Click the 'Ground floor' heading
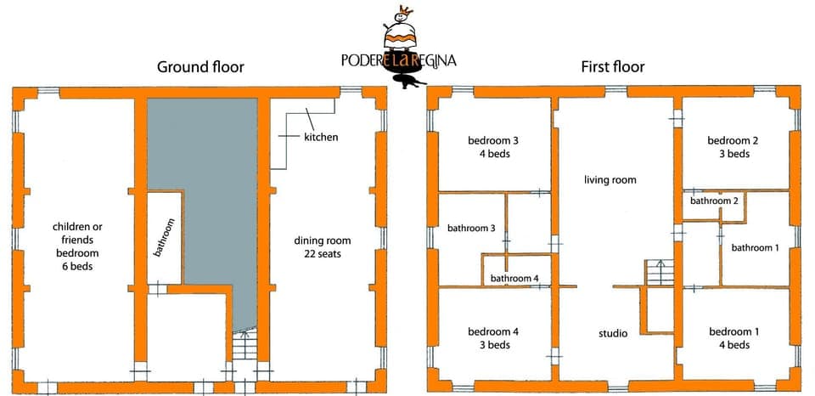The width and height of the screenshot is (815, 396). [200, 67]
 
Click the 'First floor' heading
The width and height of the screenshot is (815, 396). [612, 67]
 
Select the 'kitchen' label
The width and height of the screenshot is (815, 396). [321, 136]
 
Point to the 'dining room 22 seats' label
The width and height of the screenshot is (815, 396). [322, 247]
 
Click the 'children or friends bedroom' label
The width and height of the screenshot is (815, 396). [77, 246]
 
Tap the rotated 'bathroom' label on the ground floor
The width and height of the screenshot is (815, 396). [166, 239]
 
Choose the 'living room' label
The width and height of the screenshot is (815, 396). [610, 180]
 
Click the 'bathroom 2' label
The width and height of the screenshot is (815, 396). [713, 201]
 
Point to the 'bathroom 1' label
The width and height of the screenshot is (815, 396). [755, 248]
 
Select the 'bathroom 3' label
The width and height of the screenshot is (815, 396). [471, 229]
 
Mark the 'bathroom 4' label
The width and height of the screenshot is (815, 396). [514, 279]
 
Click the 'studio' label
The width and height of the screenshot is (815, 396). [611, 333]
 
